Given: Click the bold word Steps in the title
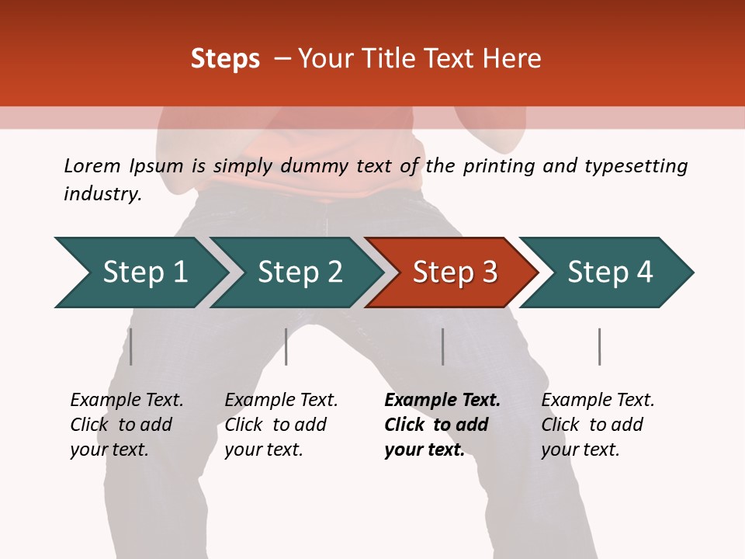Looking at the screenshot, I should point(225,59).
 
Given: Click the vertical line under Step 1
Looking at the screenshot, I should point(131,346).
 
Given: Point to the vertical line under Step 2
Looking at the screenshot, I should point(286,346).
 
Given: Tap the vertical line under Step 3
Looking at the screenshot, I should point(443,346).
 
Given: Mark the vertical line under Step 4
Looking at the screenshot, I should point(599,346).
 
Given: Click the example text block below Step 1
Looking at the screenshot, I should point(126,425).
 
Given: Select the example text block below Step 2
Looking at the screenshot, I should point(281,425).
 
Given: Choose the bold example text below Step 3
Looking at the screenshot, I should point(442,425).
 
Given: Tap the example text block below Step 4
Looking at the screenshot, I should point(598,425).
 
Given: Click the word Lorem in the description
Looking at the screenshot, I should point(92,166).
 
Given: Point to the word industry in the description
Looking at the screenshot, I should point(102,194).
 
